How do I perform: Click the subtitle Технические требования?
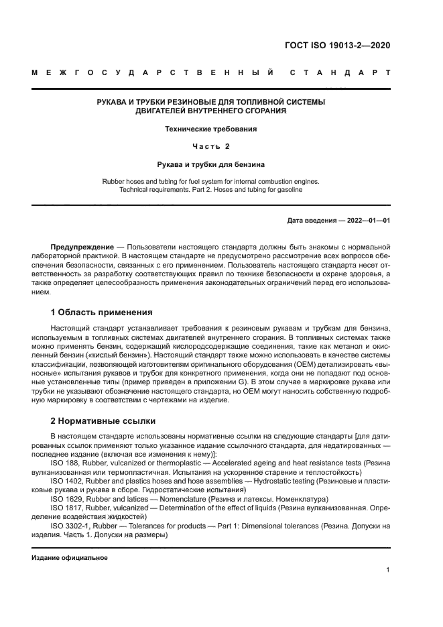(211, 128)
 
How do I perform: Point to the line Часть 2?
(211, 146)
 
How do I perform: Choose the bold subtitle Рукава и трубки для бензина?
(211, 163)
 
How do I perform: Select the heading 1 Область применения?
(102, 312)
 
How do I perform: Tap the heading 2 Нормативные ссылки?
(103, 420)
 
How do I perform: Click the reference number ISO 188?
(63, 463)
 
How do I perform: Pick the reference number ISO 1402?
(65, 481)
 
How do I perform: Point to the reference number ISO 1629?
(65, 499)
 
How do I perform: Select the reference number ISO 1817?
(65, 508)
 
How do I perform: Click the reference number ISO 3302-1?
(69, 526)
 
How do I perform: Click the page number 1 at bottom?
(388, 570)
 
